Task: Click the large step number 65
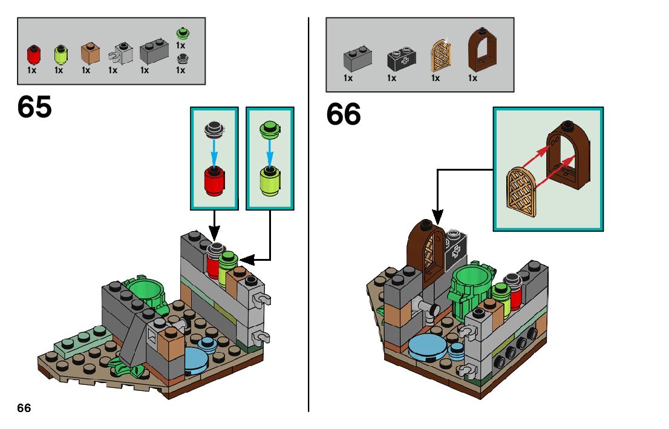[x=34, y=108]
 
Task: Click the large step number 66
[x=344, y=114]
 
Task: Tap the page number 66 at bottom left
[x=24, y=408]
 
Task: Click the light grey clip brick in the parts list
[x=121, y=54]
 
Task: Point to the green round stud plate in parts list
[x=181, y=33]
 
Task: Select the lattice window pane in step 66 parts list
[x=438, y=56]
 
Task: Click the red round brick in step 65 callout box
[x=214, y=180]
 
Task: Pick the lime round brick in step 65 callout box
[x=270, y=180]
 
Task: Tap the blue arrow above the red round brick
[x=214, y=149]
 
